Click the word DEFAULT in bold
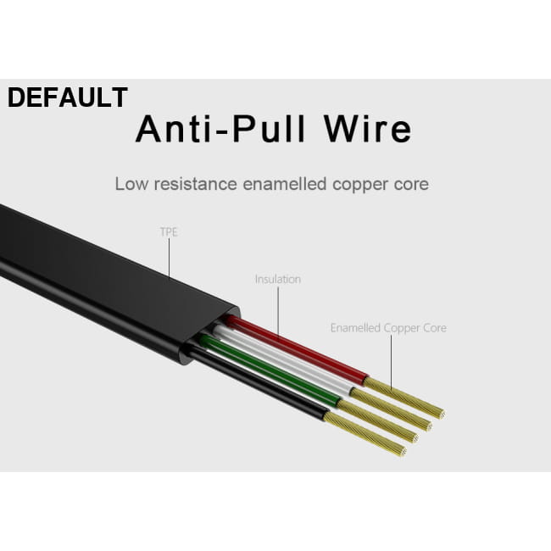coord(68,97)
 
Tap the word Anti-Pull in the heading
coord(220,129)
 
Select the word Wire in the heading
coord(367,129)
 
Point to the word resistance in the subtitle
coord(195,184)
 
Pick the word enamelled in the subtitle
coord(285,184)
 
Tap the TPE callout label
coord(169,232)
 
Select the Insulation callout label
coord(278,280)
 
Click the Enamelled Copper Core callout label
coord(388,328)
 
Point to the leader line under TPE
coord(169,259)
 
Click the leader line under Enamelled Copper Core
coord(391,362)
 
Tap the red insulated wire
coord(295,348)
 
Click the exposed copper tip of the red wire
coord(404,397)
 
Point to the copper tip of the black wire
coord(365,434)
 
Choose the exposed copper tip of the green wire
coord(377,421)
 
